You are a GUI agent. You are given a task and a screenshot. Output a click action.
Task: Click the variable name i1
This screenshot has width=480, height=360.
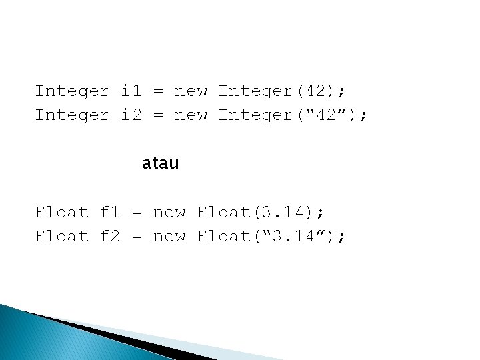(131, 91)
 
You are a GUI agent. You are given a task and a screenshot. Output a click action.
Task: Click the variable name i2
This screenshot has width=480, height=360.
(131, 115)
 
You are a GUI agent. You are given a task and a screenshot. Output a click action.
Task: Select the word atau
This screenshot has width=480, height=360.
(160, 163)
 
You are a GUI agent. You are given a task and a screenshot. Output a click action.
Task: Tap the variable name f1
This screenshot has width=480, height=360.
(110, 213)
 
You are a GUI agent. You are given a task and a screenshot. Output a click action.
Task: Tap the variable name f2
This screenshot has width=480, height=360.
(110, 237)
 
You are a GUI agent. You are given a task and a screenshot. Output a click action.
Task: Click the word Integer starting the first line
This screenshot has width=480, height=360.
(72, 91)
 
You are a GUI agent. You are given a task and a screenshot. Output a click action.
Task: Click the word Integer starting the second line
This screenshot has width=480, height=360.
(72, 115)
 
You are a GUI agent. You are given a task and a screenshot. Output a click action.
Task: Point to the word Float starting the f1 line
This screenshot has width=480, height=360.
(61, 213)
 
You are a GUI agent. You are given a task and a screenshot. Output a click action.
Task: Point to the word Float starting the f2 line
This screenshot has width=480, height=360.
(61, 237)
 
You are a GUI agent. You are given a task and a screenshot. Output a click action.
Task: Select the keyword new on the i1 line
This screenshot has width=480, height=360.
(191, 91)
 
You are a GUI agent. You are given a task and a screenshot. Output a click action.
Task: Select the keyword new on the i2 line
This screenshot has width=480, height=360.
(191, 115)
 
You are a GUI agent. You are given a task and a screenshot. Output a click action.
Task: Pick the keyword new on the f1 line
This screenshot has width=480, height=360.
(169, 213)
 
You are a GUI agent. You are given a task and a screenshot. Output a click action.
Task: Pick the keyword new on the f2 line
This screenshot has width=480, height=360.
(169, 237)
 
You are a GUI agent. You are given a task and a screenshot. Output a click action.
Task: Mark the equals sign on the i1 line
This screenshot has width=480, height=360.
(159, 91)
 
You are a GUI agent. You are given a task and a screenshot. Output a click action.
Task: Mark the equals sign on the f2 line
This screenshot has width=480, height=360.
(137, 237)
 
